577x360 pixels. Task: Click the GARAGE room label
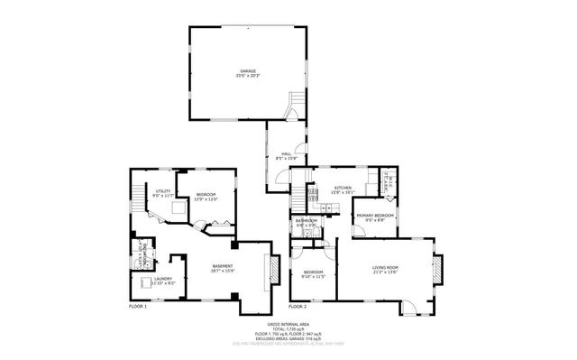[x=247, y=70]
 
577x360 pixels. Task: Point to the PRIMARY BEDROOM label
[x=374, y=217]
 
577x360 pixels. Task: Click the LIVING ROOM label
[x=387, y=269]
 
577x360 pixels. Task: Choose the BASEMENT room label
[x=223, y=267]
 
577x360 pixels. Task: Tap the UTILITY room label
[x=162, y=192]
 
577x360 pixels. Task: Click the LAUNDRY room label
[x=162, y=280]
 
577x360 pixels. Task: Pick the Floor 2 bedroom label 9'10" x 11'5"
[x=313, y=273]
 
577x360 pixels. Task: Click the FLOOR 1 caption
[x=138, y=307]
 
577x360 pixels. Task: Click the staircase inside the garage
[x=291, y=112]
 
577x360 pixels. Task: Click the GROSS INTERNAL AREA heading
[x=288, y=323]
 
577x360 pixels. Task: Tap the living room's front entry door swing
[x=409, y=308]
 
